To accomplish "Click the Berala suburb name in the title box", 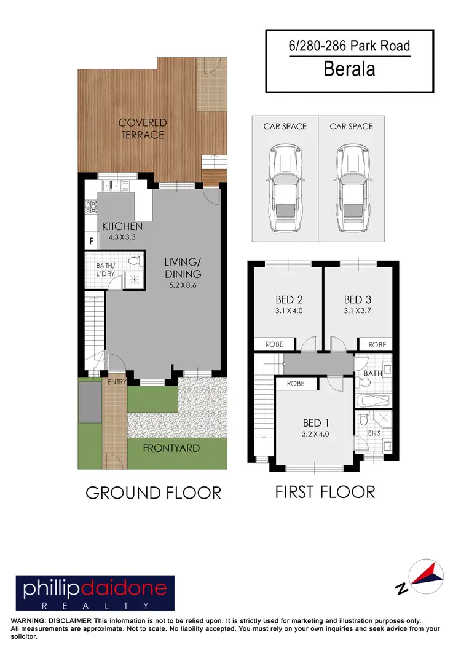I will (x=349, y=68).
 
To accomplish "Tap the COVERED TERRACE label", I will (x=142, y=129).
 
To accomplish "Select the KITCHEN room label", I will (x=122, y=226).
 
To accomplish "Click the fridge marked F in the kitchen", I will (x=91, y=241).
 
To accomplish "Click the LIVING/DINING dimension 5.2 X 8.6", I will (x=183, y=285).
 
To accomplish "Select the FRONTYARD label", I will (x=171, y=448).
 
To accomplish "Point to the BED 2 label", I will (x=288, y=299).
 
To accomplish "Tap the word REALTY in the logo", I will (x=95, y=605).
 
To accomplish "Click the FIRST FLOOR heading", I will (x=325, y=492).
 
